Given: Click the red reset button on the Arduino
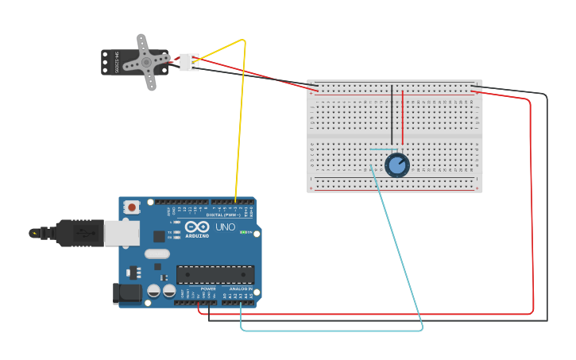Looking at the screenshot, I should (x=132, y=207).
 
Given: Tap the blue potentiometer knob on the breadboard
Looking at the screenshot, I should (x=396, y=165).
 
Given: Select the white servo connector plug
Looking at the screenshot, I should (x=188, y=62).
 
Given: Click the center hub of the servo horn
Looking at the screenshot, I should (x=146, y=61).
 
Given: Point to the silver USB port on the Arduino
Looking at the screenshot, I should (x=122, y=233).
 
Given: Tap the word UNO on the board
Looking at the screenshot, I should (x=226, y=227).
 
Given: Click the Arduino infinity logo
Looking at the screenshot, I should (x=197, y=227).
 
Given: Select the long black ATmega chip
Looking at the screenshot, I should (x=215, y=274).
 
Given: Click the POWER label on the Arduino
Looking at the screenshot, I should (x=208, y=288).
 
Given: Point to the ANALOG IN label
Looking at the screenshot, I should (x=241, y=288).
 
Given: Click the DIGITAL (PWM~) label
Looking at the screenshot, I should (x=225, y=215).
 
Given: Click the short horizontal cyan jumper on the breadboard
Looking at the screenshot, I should (x=384, y=149).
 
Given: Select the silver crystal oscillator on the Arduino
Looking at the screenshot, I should (x=157, y=254).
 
